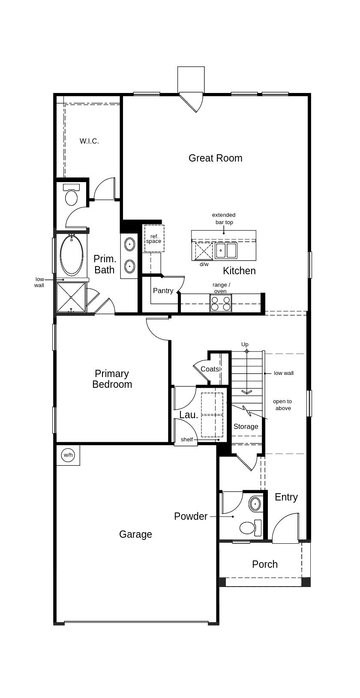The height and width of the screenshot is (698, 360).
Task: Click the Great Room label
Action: [x=215, y=158]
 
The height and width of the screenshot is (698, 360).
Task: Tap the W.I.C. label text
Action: [x=89, y=141]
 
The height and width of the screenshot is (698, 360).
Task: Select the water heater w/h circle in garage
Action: [x=68, y=455]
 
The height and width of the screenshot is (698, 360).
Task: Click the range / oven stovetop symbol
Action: [x=221, y=303]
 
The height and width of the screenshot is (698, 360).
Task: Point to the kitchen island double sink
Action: [x=226, y=250]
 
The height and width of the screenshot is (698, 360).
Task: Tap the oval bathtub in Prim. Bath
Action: [x=72, y=255]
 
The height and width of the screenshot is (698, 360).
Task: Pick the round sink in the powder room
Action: [x=255, y=504]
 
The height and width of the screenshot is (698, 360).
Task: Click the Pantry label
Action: [x=163, y=291]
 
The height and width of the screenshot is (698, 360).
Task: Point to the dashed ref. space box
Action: [x=154, y=238]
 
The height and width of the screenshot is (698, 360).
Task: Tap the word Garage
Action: [x=135, y=534]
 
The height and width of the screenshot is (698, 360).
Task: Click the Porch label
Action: [x=264, y=564]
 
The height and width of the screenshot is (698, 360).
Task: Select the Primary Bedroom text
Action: [x=112, y=379]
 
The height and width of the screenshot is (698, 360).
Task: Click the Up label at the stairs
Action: [x=245, y=344]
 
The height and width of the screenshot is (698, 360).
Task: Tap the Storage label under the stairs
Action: [x=246, y=426]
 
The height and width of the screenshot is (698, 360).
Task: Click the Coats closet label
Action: [x=210, y=369]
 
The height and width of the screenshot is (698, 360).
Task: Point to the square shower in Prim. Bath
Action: [x=71, y=297]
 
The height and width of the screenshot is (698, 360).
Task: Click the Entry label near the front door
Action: [x=286, y=497]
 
